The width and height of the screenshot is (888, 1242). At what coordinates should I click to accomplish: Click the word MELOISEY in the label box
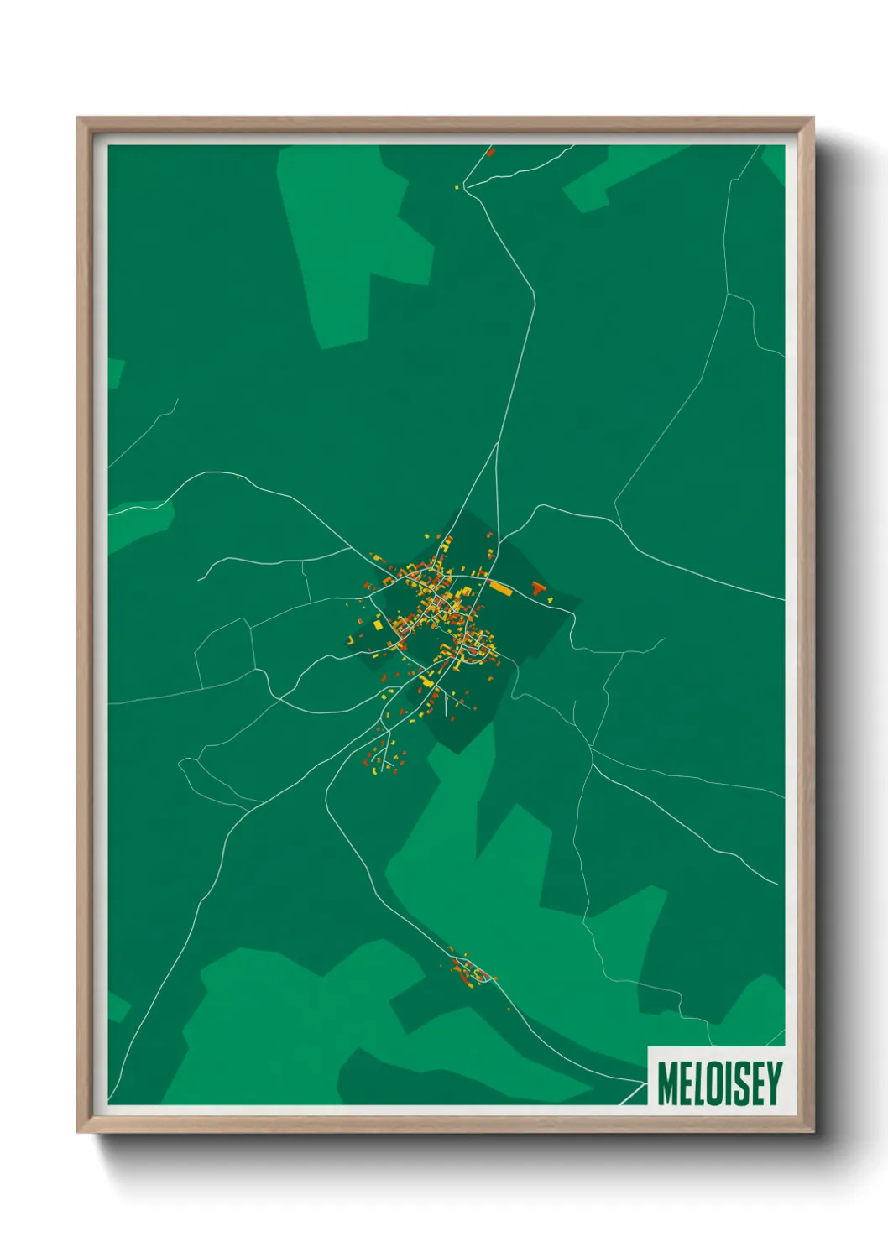coord(719,1083)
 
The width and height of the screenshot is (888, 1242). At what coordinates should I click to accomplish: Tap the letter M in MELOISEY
coord(669,1083)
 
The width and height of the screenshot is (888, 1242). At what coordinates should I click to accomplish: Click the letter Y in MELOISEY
coord(773,1083)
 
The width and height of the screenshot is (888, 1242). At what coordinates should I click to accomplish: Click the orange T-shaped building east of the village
coord(539,588)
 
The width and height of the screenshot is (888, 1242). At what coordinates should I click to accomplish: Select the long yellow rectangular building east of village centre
coord(500,588)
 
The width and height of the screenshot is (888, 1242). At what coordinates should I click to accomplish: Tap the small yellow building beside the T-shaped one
coord(550,600)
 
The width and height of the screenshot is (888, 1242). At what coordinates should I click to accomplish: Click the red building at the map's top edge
coord(491,152)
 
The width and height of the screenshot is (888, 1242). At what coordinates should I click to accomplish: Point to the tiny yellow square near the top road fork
coord(457,187)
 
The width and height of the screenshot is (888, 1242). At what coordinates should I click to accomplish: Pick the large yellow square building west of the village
coord(378,625)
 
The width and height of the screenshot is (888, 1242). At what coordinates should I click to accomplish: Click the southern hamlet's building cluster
coord(470,972)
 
